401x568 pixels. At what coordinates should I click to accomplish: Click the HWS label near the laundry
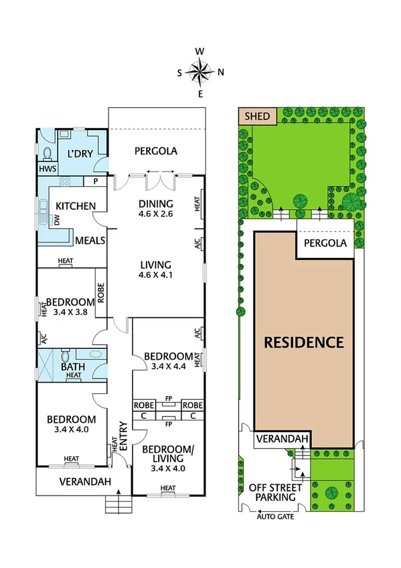pos(47,169)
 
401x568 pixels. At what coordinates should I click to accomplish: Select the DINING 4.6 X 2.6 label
pos(155,209)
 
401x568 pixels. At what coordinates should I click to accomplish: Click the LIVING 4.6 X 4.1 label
pos(155,269)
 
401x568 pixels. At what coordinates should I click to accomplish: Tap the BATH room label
pos(72,366)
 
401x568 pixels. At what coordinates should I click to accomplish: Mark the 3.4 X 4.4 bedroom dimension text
pos(168,366)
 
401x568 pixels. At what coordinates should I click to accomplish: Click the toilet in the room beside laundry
pos(47,154)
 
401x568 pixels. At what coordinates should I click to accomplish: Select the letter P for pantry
pos(95,182)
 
